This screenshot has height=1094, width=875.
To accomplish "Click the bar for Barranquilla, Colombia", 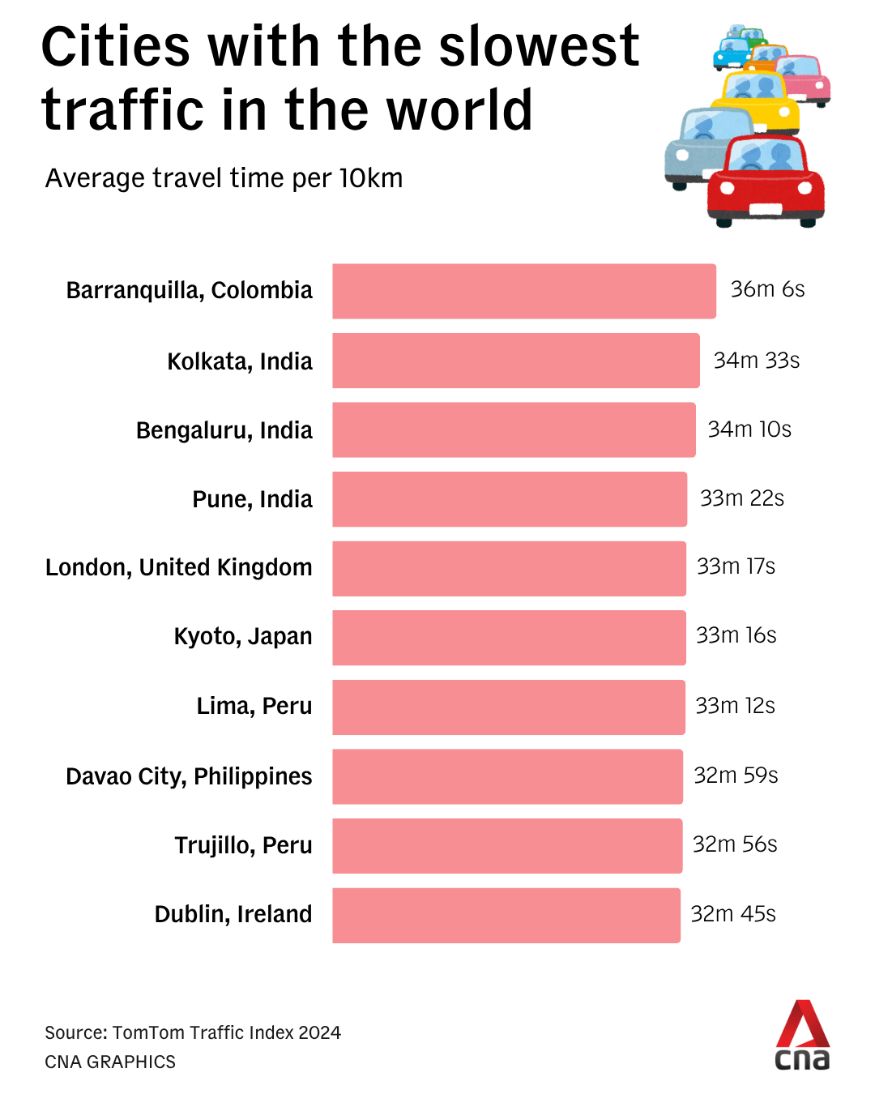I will pos(524,291).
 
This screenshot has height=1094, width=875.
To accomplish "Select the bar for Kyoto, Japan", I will pos(509,638).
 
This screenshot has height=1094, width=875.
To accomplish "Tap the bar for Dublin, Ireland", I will pos(506,916).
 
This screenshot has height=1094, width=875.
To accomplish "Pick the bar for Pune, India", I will pos(510,499).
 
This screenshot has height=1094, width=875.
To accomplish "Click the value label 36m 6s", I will pos(767,289).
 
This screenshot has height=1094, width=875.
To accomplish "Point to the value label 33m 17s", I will pos(736,566).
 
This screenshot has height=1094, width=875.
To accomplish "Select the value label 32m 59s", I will pos(736,776).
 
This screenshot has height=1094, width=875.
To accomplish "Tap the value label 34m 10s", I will pos(749,429).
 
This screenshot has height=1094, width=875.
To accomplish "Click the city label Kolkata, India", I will pos(240,361).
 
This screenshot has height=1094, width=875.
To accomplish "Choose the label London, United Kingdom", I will pos(179,567).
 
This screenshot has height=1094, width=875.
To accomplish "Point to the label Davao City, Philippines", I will pos(189,776).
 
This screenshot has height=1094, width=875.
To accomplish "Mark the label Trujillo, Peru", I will pos(243,845).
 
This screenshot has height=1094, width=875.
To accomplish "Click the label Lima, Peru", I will pos(254,706).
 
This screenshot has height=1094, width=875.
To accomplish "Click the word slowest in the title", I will pos(539,46).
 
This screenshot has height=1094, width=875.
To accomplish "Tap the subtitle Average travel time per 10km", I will pos(224,178).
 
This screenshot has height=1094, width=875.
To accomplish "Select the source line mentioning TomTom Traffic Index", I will pos(193,1032).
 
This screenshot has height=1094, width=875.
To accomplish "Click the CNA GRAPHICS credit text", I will pos(110,1062).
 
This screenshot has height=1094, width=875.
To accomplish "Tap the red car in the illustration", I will pos(766,182).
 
